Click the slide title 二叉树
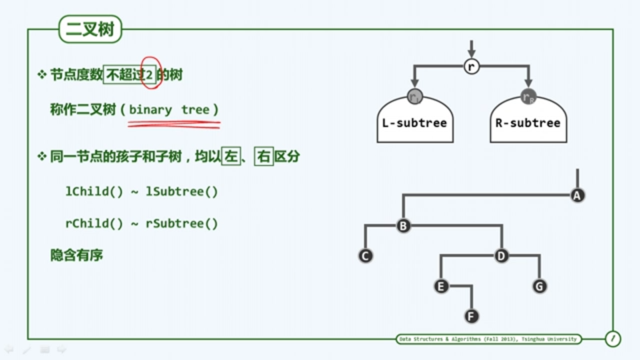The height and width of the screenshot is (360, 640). point(90,30)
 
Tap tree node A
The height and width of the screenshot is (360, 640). point(577,195)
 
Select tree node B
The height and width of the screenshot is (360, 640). point(403,226)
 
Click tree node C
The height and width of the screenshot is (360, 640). point(365,256)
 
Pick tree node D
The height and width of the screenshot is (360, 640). point(501,256)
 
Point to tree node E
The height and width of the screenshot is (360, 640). point(441,287)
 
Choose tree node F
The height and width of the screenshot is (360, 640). point(472,317)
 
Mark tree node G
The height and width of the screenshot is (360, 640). point(540,287)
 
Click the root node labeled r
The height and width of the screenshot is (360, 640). point(472,67)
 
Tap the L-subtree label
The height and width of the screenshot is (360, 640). point(415,123)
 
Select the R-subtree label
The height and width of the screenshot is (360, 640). point(528,123)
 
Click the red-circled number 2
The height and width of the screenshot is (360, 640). point(150,75)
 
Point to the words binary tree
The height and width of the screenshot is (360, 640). point(169,110)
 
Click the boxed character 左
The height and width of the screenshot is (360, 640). point(231,158)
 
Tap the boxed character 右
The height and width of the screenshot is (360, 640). point(265,158)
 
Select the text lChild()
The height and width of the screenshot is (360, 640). point(94,192)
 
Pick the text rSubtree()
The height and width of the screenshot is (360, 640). point(182,223)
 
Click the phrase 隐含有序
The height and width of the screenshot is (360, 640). point(77,255)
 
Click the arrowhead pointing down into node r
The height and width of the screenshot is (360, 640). point(472,53)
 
